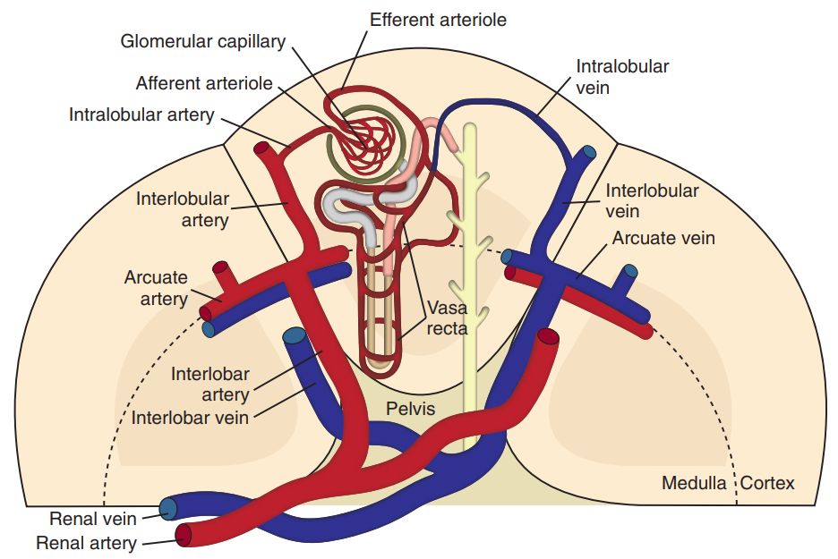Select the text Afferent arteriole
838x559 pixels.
[x=204, y=83]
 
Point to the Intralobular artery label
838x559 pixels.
[x=141, y=114]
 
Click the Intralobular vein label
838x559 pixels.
[x=622, y=78]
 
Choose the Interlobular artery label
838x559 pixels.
[x=183, y=208]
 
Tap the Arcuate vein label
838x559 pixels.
[x=663, y=239]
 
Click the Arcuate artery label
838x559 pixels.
[x=156, y=287]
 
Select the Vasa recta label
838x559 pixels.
[x=447, y=318]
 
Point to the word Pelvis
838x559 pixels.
[x=410, y=409]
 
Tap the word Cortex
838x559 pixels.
[x=768, y=483]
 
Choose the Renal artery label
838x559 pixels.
[x=87, y=543]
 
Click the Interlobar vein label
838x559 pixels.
[x=191, y=417]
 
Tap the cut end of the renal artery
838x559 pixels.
[x=184, y=536]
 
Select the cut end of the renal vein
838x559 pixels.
[x=167, y=510]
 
